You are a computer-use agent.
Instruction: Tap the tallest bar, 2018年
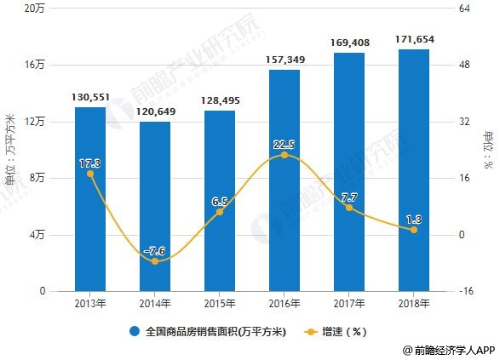pyautogui.click(x=413, y=170)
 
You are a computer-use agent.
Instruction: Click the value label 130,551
pyautogui.click(x=90, y=97)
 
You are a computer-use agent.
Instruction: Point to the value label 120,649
pyautogui.click(x=155, y=111)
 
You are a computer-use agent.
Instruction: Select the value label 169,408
pyautogui.click(x=348, y=42)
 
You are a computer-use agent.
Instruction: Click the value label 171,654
pyautogui.click(x=414, y=39)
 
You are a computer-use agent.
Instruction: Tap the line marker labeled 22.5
pyautogui.click(x=284, y=155)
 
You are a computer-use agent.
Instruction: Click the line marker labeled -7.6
pyautogui.click(x=155, y=261)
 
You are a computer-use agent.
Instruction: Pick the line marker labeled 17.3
pyautogui.click(x=90, y=174)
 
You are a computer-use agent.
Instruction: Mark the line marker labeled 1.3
pyautogui.click(x=414, y=230)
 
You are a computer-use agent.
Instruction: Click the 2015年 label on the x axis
pyautogui.click(x=220, y=302)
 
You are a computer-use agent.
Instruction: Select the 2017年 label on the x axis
pyautogui.click(x=348, y=302)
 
